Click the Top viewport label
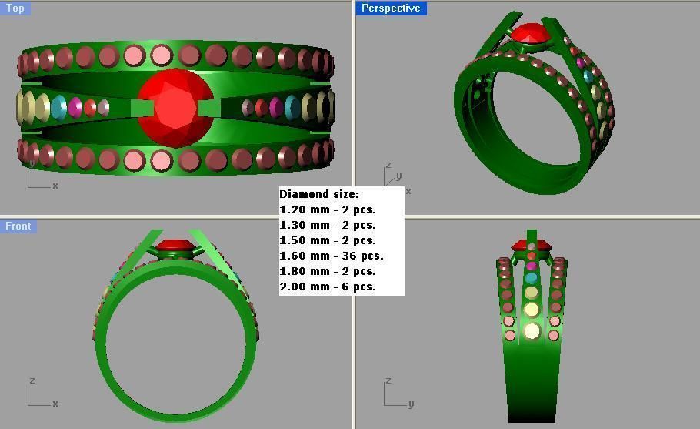pyautogui.click(x=15, y=8)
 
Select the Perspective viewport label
pyautogui.click(x=391, y=8)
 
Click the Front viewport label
pyautogui.click(x=18, y=226)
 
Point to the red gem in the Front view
pyautogui.click(x=175, y=248)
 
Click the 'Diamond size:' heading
pyautogui.click(x=319, y=194)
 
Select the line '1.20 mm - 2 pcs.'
pyautogui.click(x=328, y=209)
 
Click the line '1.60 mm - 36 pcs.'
pyautogui.click(x=331, y=256)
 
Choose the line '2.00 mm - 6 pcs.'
pyautogui.click(x=328, y=287)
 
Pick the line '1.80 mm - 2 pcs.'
pyautogui.click(x=328, y=271)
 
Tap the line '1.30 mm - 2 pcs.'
pyautogui.click(x=328, y=225)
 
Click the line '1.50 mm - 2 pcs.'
pyautogui.click(x=328, y=240)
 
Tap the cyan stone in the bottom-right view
pyautogui.click(x=532, y=278)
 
